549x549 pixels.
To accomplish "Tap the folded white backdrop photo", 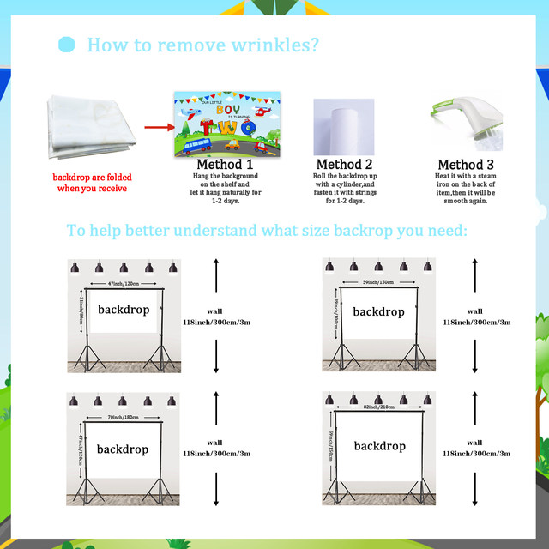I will point(90,130).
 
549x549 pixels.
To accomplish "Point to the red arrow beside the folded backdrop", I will point(158,127).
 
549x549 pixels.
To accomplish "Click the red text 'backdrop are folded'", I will point(92,178).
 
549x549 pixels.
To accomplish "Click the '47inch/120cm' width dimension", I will point(124,283).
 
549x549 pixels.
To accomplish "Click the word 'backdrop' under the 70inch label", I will point(123,449).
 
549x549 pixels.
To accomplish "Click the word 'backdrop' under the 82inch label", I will point(379,446).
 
